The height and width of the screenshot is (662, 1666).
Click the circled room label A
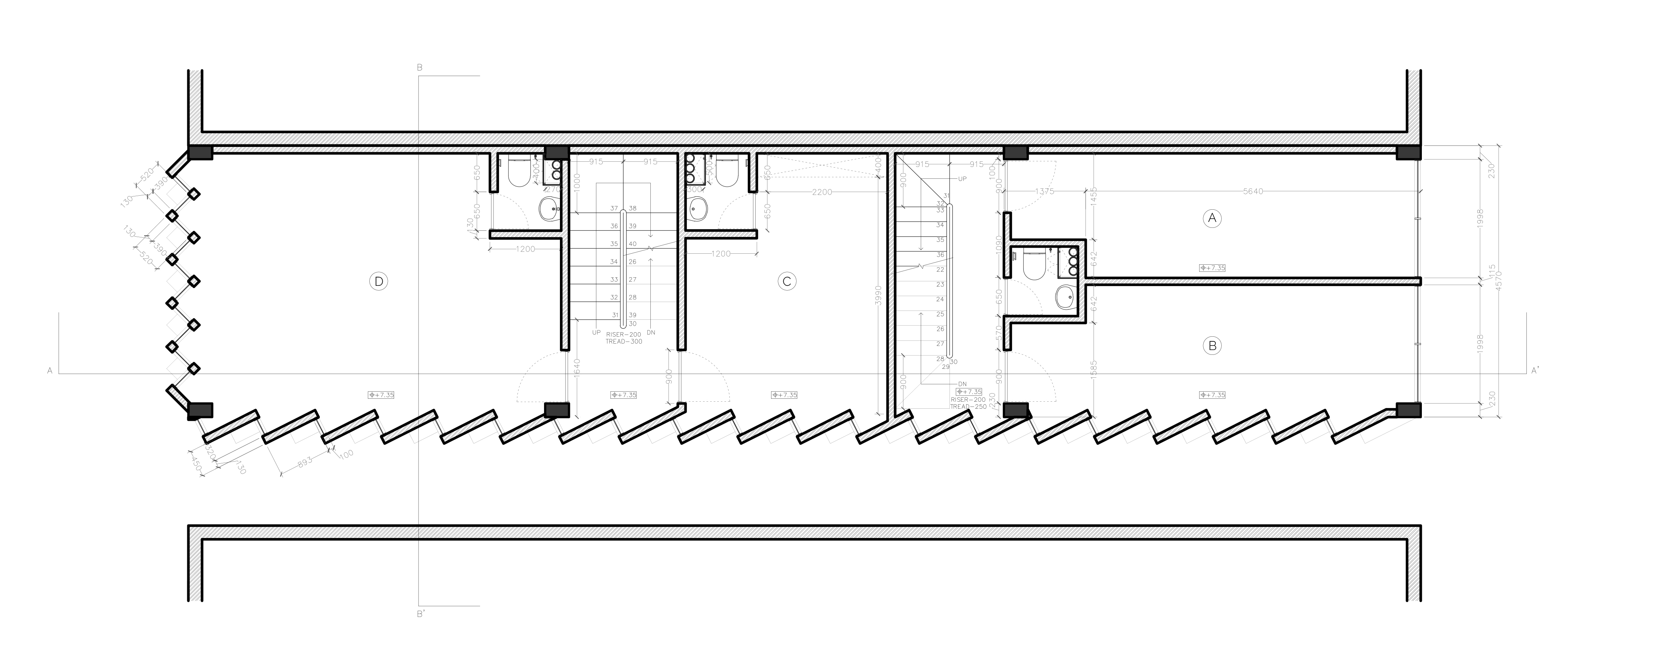(x=1212, y=219)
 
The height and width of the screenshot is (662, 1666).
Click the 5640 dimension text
(x=1253, y=191)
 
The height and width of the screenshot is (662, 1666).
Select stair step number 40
(x=633, y=244)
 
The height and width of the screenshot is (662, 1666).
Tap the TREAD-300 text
(x=624, y=342)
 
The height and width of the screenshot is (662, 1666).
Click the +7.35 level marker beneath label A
(x=1212, y=268)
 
